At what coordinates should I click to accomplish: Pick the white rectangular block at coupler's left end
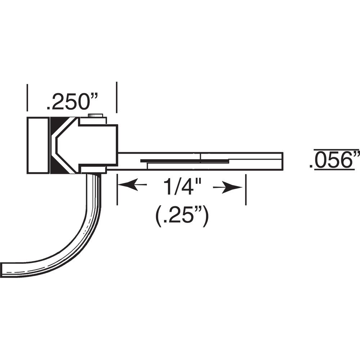point(37,145)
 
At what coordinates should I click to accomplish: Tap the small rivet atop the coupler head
point(95,116)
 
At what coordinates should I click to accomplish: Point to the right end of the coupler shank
point(282,161)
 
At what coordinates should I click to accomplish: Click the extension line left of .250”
point(27,97)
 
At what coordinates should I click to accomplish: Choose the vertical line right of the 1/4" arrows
point(246,189)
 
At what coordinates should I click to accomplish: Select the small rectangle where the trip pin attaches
point(93,170)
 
